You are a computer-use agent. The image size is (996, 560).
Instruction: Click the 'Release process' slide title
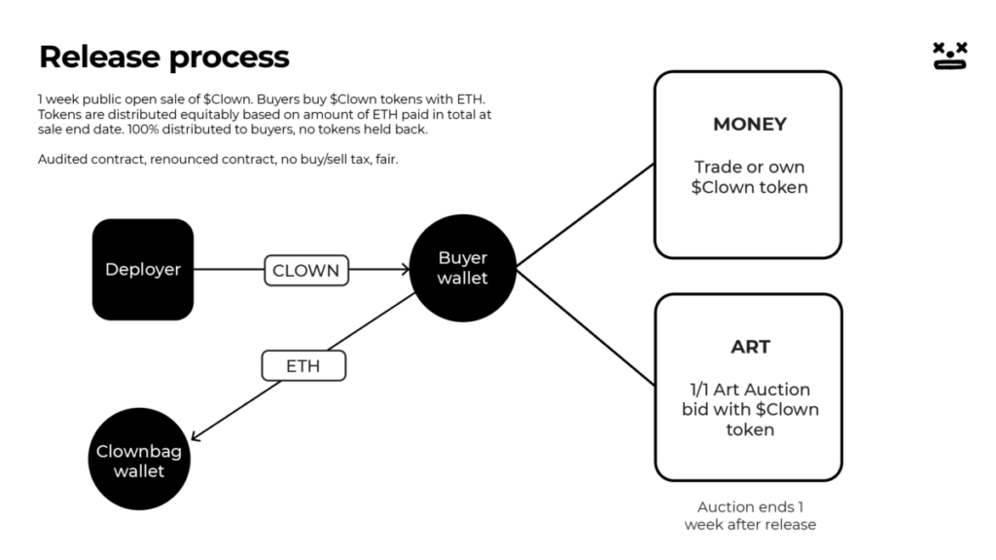coord(163,56)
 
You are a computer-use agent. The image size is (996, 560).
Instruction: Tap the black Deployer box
coord(143,270)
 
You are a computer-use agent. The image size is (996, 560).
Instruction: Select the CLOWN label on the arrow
coord(306,271)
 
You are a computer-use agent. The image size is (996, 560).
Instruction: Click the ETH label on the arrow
coord(303,366)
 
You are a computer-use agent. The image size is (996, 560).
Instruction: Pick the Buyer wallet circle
coord(463,268)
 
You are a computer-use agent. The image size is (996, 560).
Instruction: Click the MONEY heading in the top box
coord(749,125)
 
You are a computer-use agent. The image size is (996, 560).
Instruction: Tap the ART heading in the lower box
coord(750,347)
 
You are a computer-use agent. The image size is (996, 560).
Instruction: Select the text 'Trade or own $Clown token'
coord(749,176)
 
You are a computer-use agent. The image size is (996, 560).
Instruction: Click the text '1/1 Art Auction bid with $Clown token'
coord(750,409)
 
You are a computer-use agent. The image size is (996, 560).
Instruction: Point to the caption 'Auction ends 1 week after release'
coord(749,515)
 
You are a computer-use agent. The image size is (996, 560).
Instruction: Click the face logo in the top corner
coord(949,56)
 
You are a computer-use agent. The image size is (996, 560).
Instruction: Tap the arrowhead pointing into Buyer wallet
coord(404,270)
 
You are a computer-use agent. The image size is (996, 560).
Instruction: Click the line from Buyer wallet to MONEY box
coord(584,215)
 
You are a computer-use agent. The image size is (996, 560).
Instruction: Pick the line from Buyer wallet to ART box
coord(584,327)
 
